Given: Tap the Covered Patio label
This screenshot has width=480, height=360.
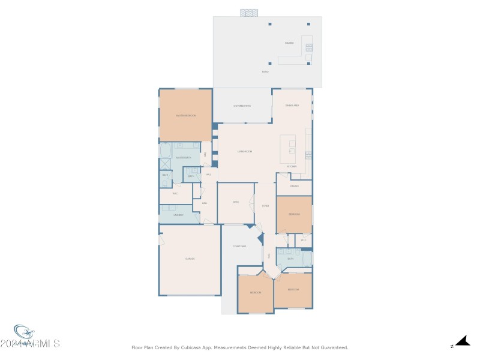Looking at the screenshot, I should (242, 106).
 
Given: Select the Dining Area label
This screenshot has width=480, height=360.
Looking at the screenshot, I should (292, 105).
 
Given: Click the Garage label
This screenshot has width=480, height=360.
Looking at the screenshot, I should (190, 259).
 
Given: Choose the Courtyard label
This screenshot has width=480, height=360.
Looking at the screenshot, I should (239, 246).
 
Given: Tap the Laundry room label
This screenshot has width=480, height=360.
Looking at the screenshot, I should (178, 214).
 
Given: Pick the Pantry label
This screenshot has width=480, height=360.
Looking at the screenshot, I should (294, 187).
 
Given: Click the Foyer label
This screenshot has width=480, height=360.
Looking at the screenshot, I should (265, 206).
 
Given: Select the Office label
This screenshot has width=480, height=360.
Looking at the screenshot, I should (236, 202).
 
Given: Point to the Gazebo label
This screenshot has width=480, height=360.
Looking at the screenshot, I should (289, 43).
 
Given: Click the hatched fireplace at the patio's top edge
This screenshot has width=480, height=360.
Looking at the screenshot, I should (248, 13).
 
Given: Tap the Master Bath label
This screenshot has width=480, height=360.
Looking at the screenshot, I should (183, 158).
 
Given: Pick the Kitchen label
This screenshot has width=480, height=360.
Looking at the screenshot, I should (292, 166).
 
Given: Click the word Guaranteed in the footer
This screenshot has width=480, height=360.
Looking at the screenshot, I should (334, 347).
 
